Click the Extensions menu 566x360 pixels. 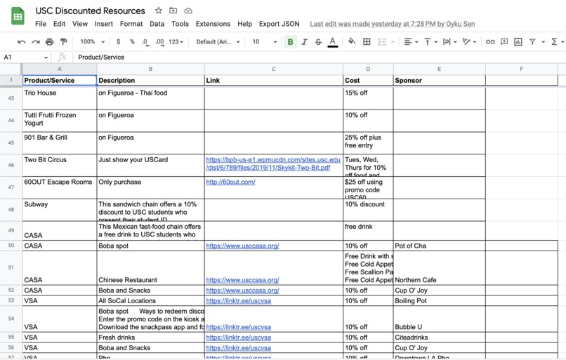coord(213,24)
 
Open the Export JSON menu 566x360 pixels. coord(279,24)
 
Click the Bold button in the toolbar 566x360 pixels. coord(290,42)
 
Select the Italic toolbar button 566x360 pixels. coord(304,42)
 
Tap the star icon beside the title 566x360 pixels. coord(159,11)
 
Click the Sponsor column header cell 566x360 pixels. coord(438,80)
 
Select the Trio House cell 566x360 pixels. coord(60,98)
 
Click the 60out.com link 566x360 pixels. coord(230,182)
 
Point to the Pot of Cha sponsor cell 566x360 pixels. coord(438,246)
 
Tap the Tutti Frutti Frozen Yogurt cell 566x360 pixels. coord(60,120)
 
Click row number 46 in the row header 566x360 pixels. coord(11,165)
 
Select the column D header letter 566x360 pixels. coord(368,69)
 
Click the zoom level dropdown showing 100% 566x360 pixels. coord(92,42)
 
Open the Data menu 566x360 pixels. coord(157,24)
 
